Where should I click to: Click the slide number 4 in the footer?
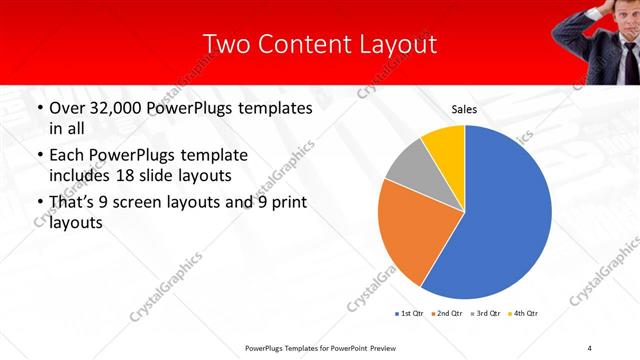point(590,347)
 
